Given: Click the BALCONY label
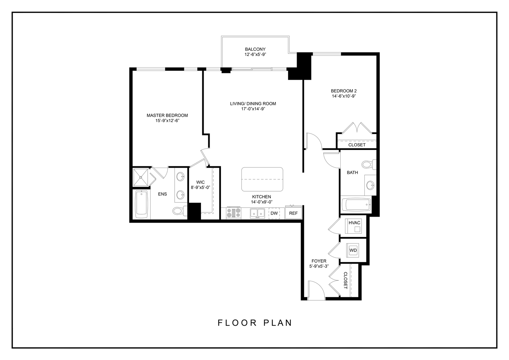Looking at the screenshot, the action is [x=255, y=49].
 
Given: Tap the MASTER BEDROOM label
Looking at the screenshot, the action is [x=167, y=115].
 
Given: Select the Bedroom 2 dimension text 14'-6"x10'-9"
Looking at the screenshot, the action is [x=344, y=96].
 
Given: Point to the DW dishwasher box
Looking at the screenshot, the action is [x=274, y=213].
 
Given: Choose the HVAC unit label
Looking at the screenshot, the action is [x=354, y=223].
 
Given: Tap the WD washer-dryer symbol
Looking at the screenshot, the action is [x=353, y=250].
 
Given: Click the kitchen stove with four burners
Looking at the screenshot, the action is [x=234, y=213].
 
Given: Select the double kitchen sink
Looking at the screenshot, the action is [x=257, y=213].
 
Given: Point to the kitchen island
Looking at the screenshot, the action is [x=262, y=179].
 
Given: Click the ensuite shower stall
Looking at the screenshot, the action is [x=140, y=177].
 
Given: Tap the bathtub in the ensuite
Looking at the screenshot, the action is [x=142, y=204].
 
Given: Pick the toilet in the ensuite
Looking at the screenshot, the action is [x=180, y=211].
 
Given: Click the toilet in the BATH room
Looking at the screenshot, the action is [x=369, y=164].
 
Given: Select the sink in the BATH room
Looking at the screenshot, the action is [x=370, y=185].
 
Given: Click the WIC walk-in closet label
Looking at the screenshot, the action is [x=200, y=182].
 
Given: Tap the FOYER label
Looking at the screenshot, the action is [x=319, y=261].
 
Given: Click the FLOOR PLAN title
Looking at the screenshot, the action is [x=255, y=323].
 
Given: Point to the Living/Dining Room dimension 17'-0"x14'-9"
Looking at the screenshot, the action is [x=253, y=109].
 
